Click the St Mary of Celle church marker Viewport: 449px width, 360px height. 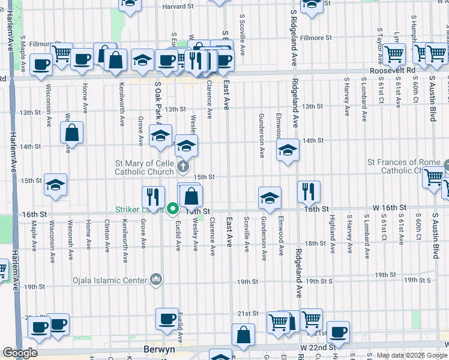pos(184,166)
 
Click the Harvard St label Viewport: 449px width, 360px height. pos(178,7)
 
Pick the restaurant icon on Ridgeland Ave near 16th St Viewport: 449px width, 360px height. pos(309,191)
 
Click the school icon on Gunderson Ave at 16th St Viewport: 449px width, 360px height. pos(270,197)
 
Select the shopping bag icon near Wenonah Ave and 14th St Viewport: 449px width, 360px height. pos(71,133)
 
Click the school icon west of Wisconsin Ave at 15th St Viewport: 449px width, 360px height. pos(55,185)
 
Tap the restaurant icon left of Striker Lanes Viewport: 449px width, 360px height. pos(153,196)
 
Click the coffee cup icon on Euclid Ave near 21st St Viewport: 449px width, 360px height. pos(167,319)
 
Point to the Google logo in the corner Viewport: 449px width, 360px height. pos(20,353)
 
